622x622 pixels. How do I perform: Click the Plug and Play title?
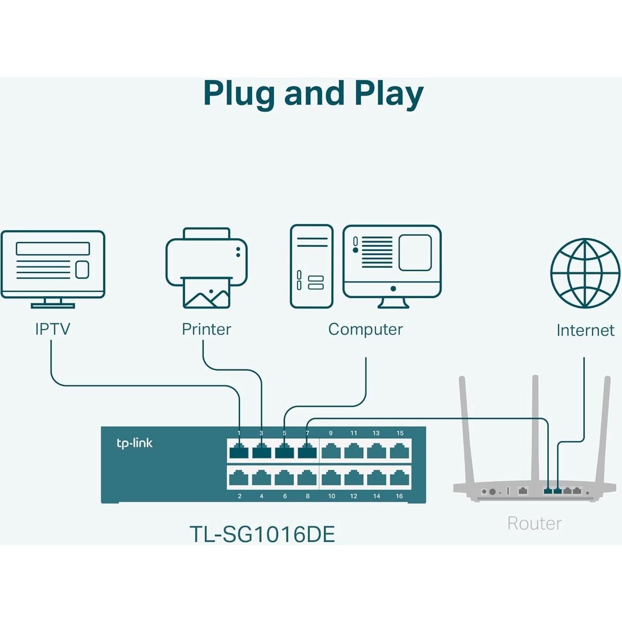click(313, 94)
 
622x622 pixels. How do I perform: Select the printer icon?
click(207, 268)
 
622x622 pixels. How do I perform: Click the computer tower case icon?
click(311, 266)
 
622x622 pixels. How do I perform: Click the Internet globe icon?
click(585, 273)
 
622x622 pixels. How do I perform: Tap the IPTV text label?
click(52, 329)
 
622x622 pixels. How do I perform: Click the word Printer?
click(206, 329)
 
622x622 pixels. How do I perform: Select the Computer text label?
click(365, 329)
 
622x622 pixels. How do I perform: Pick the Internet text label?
click(585, 330)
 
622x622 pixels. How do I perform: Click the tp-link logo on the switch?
click(134, 443)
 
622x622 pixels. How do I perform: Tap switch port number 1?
click(239, 451)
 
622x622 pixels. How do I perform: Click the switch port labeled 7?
click(307, 451)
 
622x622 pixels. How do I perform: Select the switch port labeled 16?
click(399, 478)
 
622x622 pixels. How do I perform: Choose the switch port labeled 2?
click(239, 478)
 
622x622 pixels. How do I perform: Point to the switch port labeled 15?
click(399, 451)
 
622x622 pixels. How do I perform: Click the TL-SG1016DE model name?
click(262, 534)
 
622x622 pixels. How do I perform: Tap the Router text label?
click(534, 524)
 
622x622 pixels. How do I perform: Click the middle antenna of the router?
click(535, 432)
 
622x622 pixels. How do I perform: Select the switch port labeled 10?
click(331, 478)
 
